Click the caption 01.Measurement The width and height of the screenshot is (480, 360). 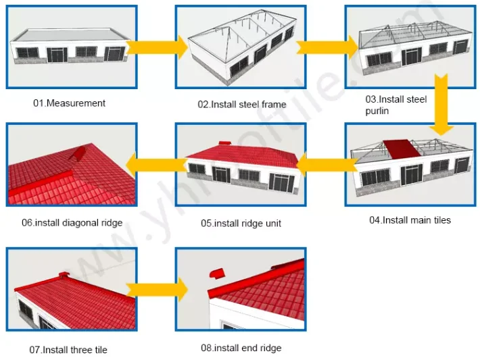(70, 103)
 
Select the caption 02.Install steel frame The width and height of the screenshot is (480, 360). (241, 105)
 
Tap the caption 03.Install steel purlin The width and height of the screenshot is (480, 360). (395, 105)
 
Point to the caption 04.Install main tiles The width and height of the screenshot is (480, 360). (410, 220)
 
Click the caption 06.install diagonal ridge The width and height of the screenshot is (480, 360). (72, 223)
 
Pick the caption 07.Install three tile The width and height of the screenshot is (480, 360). (68, 350)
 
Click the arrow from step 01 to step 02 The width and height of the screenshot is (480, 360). (156, 47)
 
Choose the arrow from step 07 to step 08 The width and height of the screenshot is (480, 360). (156, 290)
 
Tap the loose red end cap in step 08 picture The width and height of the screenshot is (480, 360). (218, 274)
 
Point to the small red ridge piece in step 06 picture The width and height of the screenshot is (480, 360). (79, 154)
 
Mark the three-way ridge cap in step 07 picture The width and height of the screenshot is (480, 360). (64, 276)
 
